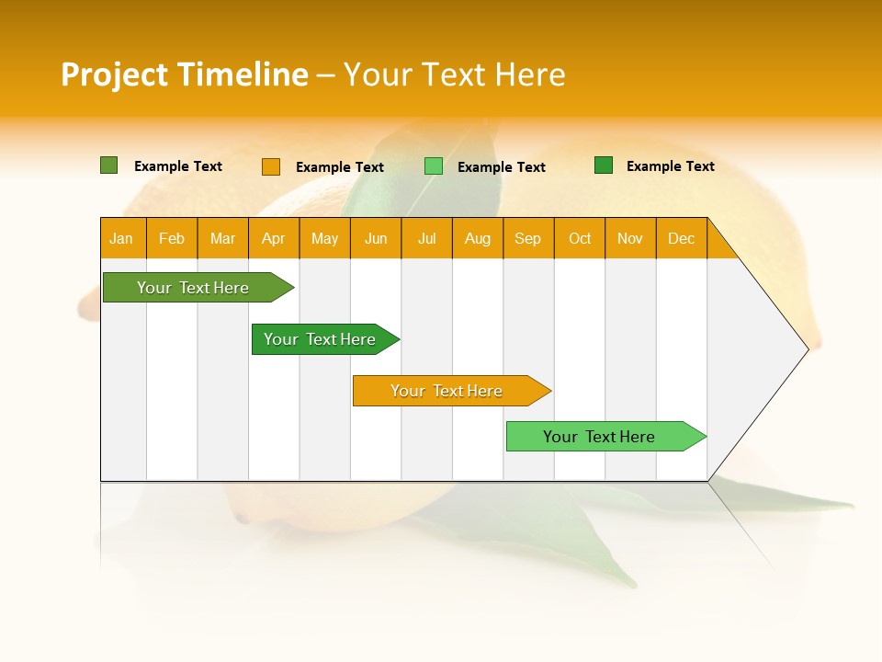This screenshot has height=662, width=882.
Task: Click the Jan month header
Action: coord(122,238)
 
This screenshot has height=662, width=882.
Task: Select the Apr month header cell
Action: coord(274,238)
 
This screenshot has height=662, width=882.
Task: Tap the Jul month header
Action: coord(427,238)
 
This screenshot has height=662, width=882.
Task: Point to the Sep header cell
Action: coord(528,238)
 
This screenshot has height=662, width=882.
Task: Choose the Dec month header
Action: coord(681,238)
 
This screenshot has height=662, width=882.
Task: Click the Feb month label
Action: coord(172,238)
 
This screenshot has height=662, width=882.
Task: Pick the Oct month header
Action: coord(580,238)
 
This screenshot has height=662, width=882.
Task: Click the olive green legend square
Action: coord(109,165)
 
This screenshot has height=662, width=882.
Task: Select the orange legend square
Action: coord(271,166)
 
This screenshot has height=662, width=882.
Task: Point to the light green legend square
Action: coord(434,166)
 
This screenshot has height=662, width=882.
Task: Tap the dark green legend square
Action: coord(604,165)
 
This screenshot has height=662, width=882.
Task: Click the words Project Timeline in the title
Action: coord(184,74)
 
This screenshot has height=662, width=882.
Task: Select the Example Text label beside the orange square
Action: coord(340,167)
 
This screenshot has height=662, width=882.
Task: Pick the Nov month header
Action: coord(630,238)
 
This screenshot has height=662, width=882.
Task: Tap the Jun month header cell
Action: coord(376,238)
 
